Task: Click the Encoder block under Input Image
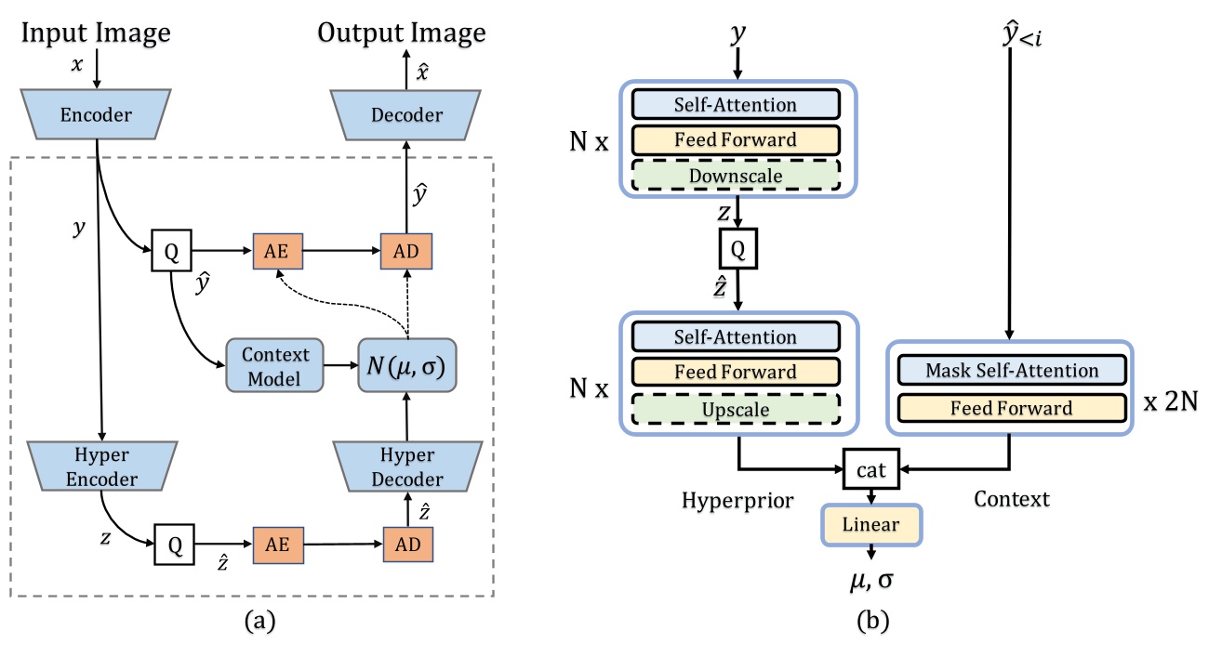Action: coord(98,114)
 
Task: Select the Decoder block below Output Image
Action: coord(405,114)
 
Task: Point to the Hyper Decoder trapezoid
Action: coord(406,467)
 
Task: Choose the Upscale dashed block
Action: coord(735,407)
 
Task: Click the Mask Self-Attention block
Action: coord(1012,371)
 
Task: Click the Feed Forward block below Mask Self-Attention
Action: coord(1012,407)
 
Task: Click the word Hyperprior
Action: coord(738,499)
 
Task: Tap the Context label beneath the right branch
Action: coord(1012,499)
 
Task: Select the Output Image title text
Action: coord(402,33)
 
